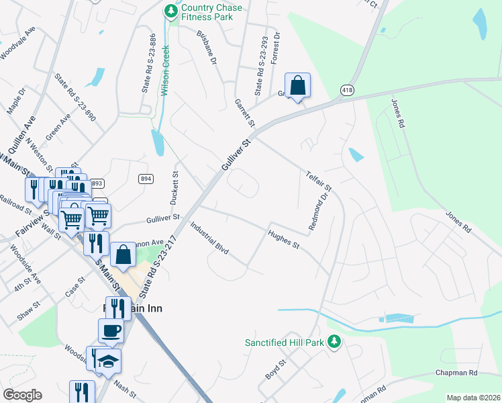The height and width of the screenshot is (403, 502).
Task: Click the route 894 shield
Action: [x=146, y=178]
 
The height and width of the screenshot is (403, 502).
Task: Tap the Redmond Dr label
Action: [x=321, y=213]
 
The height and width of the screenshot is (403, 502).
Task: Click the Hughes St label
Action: [x=283, y=239]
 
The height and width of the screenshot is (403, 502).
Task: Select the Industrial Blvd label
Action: [x=209, y=238]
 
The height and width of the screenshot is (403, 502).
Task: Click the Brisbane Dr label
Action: [x=207, y=47]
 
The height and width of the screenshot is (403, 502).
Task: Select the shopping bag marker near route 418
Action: [x=297, y=85]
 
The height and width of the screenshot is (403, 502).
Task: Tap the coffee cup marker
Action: [x=111, y=330]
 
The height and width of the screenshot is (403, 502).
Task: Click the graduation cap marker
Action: [x=108, y=361]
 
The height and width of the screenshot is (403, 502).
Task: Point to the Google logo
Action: [x=22, y=395]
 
